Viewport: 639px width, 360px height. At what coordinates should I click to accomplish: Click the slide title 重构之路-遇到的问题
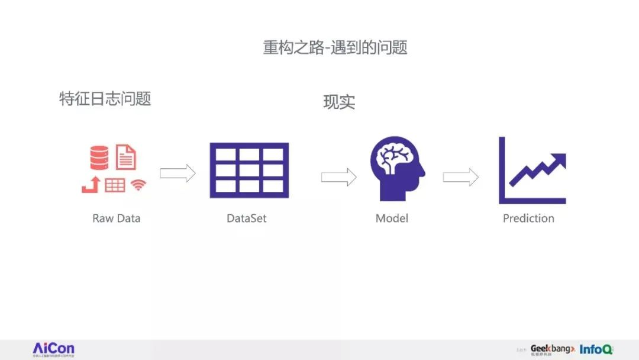click(335, 48)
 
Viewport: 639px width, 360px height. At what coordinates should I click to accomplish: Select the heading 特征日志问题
click(105, 98)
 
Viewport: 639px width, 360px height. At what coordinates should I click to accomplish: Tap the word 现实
click(339, 102)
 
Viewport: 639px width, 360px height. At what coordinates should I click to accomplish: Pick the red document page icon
click(125, 156)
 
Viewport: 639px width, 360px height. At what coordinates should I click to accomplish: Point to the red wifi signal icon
click(138, 185)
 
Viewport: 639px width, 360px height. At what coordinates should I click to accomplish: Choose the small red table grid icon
click(115, 185)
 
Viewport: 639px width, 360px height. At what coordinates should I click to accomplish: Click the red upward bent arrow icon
click(90, 185)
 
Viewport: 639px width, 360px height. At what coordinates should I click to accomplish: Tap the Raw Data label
click(117, 218)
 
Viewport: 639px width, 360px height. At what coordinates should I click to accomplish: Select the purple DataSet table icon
click(249, 170)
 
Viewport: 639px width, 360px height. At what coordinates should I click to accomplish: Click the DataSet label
click(247, 218)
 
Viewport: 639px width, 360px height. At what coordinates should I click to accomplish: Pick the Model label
click(392, 218)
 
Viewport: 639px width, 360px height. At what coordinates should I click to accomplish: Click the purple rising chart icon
click(532, 171)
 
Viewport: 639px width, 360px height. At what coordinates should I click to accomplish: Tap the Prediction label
click(528, 218)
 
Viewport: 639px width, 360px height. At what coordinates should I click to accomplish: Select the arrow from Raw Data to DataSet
click(177, 173)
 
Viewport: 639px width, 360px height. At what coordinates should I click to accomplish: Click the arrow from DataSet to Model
click(338, 176)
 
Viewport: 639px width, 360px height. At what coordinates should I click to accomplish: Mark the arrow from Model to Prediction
click(460, 176)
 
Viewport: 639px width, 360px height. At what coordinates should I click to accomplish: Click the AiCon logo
click(53, 348)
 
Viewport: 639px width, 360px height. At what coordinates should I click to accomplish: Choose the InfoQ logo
click(596, 349)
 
